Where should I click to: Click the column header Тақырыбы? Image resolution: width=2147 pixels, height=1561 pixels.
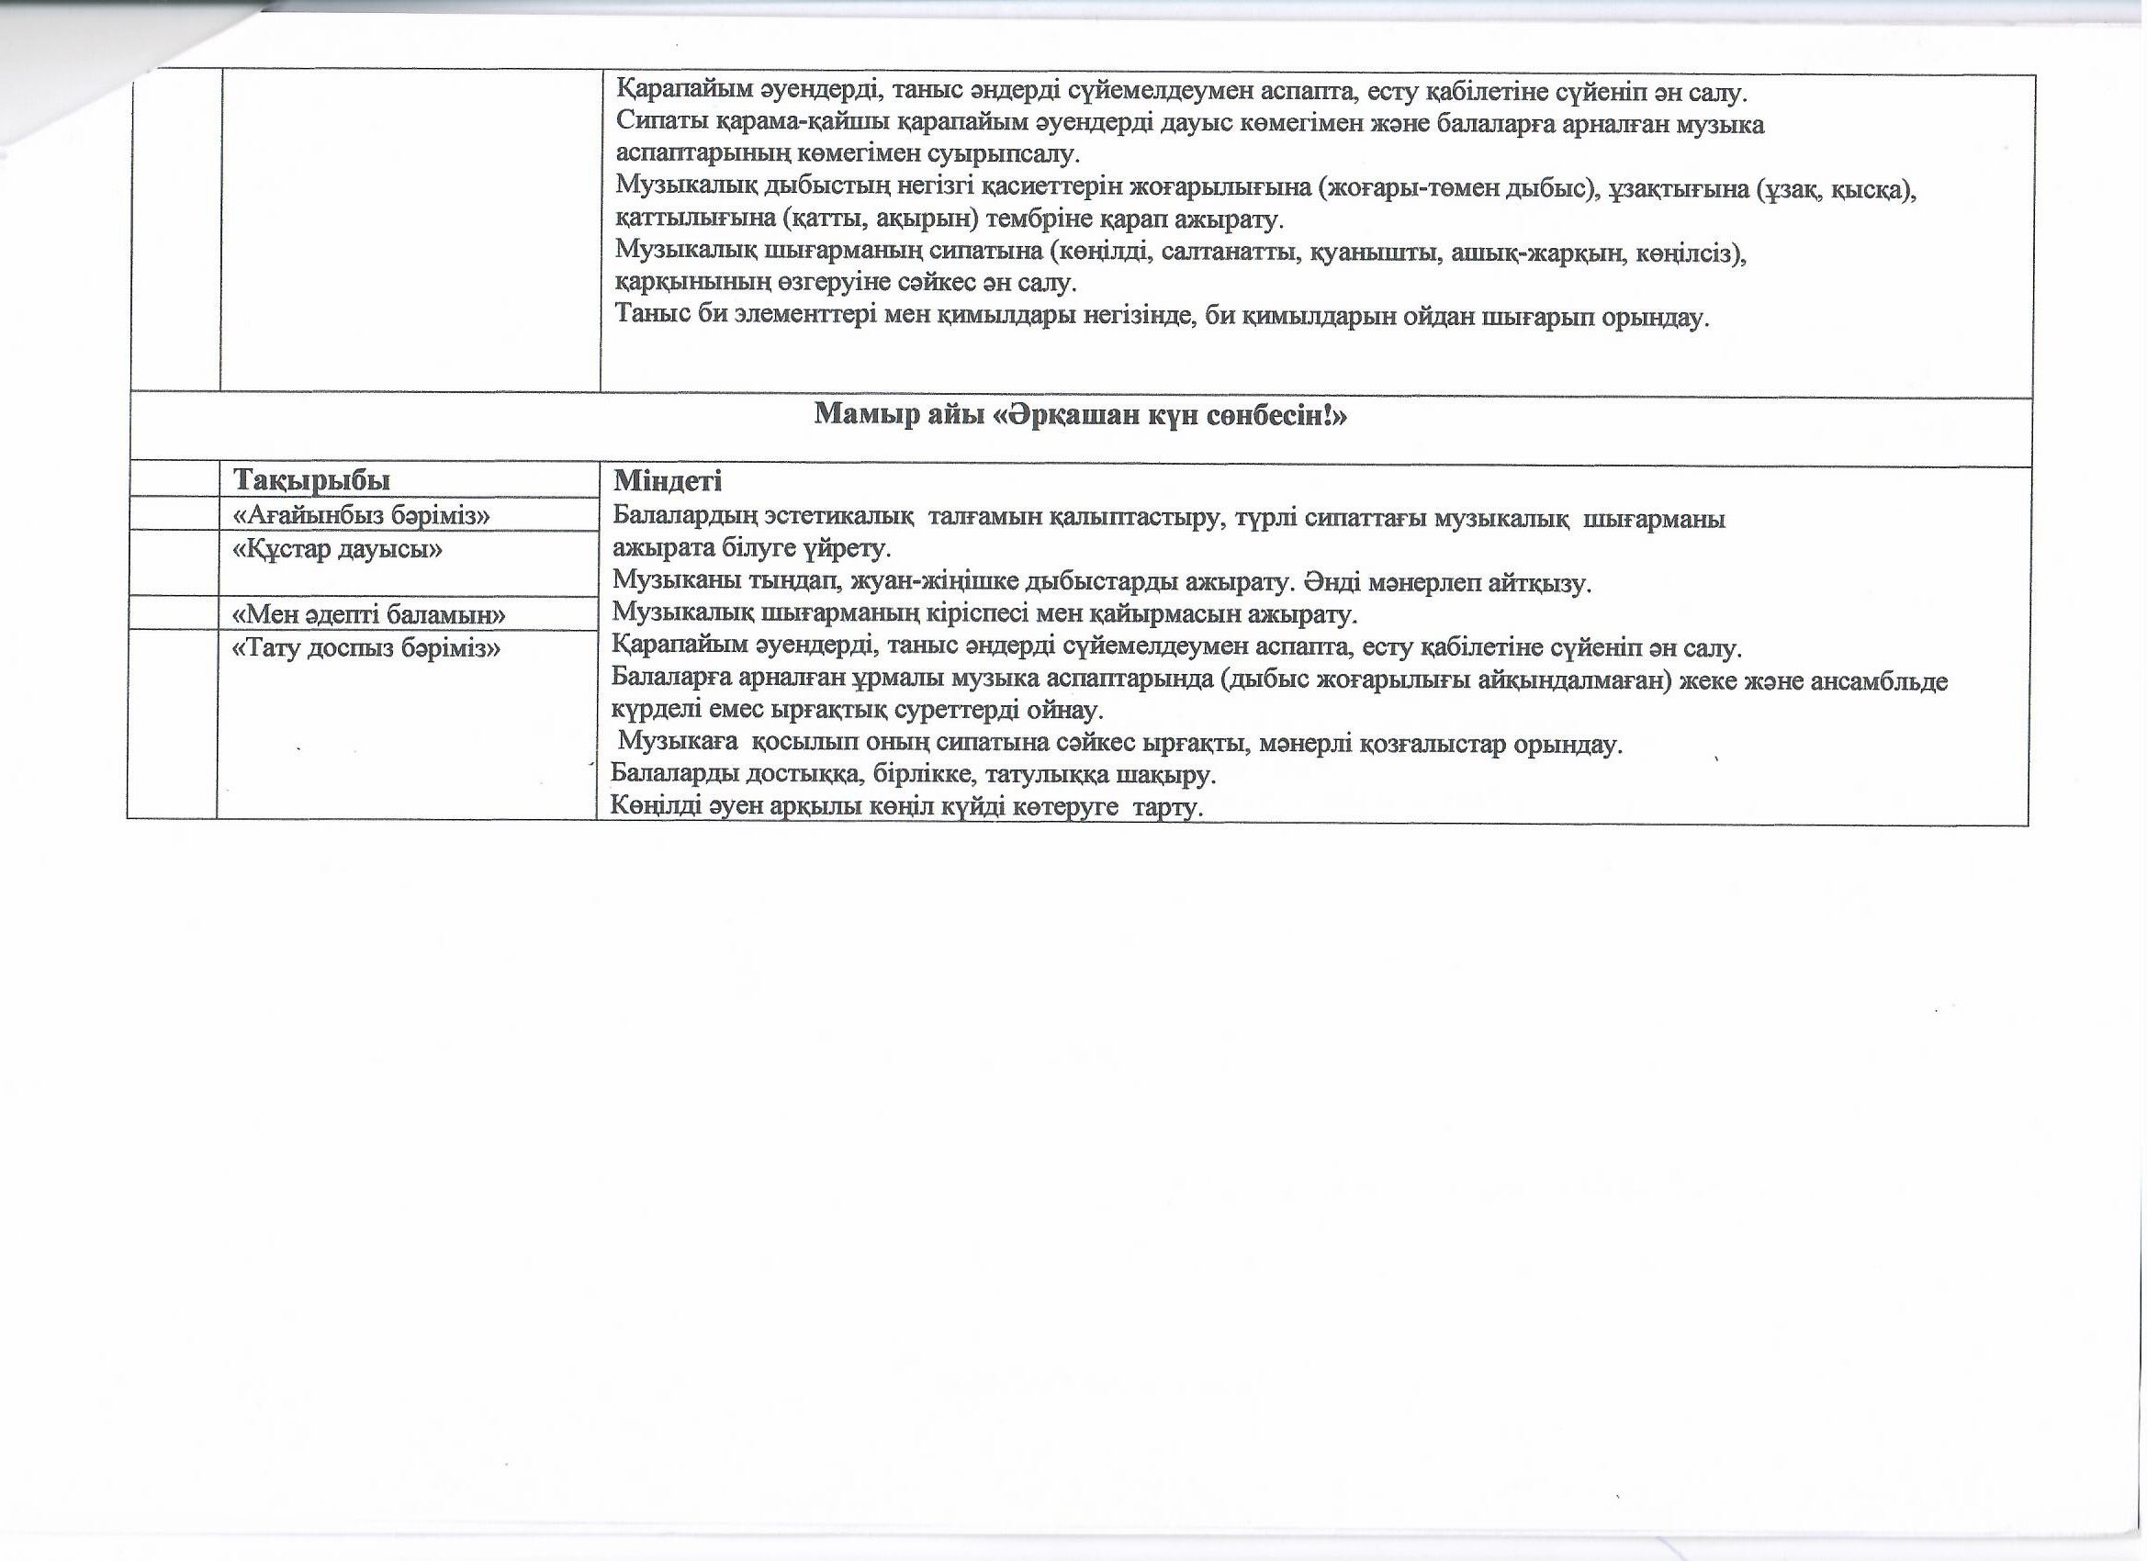point(311,480)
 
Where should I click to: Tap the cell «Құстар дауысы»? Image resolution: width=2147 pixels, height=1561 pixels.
point(337,549)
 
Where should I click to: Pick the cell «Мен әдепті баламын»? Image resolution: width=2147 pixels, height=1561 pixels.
point(368,615)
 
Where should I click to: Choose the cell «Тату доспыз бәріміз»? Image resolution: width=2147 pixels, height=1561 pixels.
point(365,648)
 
